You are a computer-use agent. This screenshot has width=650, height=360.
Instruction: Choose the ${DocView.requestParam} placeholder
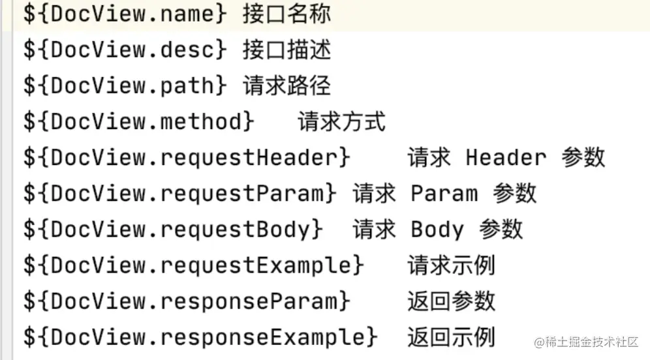181,194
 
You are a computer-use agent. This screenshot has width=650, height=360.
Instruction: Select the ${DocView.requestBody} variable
174,230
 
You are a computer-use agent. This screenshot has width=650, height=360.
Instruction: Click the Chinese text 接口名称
286,14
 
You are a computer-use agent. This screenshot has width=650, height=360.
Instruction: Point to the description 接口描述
286,50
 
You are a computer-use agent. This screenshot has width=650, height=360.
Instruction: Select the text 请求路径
286,86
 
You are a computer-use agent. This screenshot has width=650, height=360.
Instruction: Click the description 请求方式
342,122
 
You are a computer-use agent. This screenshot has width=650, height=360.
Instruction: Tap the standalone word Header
506,158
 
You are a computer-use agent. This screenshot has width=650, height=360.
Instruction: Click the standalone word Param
444,194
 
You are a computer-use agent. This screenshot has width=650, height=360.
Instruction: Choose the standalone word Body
437,230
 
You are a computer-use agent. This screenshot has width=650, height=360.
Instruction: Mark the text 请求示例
452,265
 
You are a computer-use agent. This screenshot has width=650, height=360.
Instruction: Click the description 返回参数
452,301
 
